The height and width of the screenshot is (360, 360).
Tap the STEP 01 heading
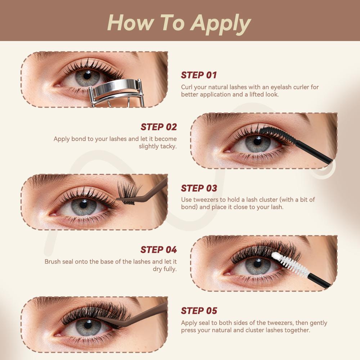(x=199, y=75)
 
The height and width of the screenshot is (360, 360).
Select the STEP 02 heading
(x=159, y=127)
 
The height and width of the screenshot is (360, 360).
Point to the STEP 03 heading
(x=199, y=188)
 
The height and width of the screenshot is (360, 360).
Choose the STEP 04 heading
(x=159, y=250)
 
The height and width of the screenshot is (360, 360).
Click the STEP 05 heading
(x=199, y=311)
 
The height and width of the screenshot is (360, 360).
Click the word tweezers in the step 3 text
(x=205, y=199)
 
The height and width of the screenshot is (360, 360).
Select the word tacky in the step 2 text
(x=169, y=147)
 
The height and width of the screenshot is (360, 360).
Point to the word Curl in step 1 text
(x=186, y=87)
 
